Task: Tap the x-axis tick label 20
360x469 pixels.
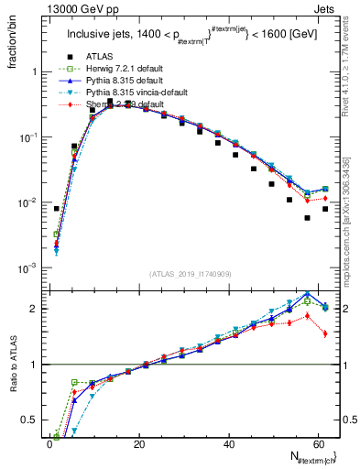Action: pyautogui.click(x=138, y=445)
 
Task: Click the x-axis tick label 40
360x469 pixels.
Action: pyautogui.click(x=228, y=445)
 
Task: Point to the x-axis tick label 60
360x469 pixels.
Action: pyautogui.click(x=318, y=445)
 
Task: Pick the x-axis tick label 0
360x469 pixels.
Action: pyautogui.click(x=49, y=445)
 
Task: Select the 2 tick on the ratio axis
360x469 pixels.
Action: pyautogui.click(x=34, y=309)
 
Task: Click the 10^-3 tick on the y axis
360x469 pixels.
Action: pyautogui.click(x=27, y=267)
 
